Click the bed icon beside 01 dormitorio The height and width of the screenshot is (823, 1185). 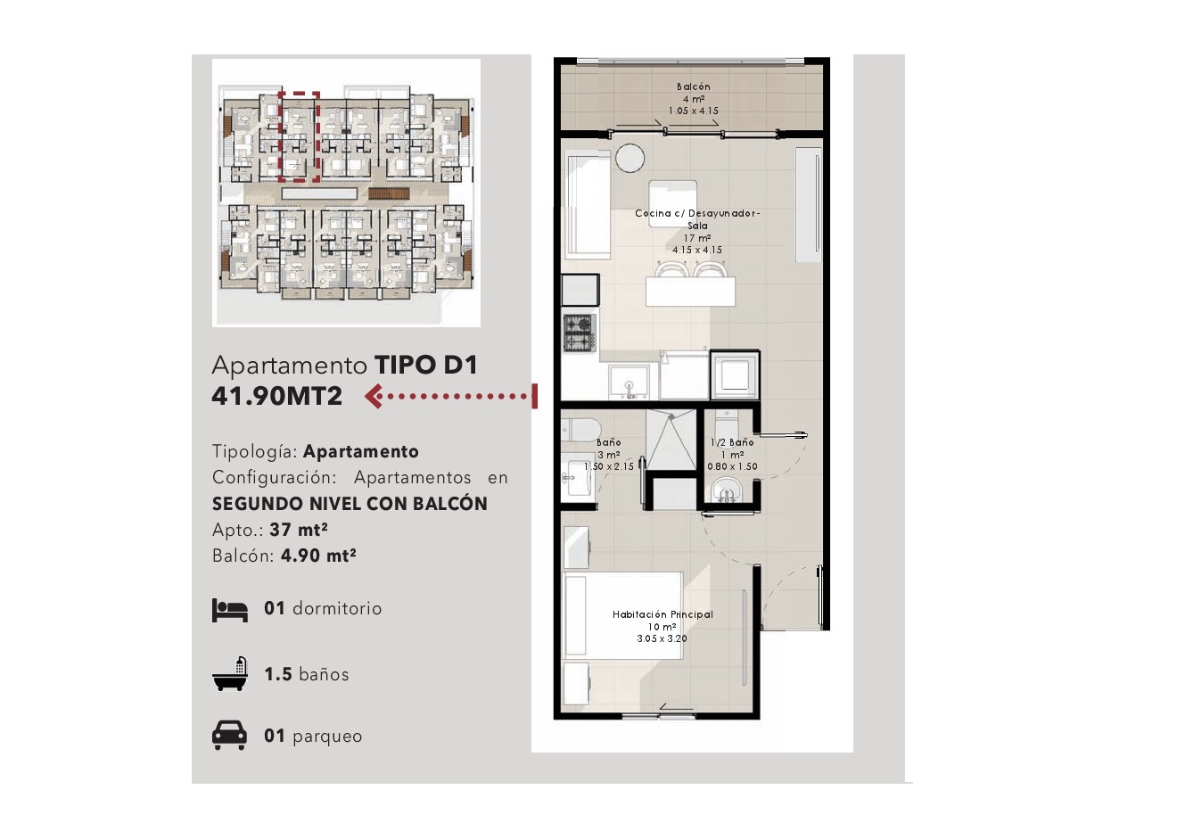pyautogui.click(x=229, y=611)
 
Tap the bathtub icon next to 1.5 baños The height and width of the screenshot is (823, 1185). pyautogui.click(x=230, y=674)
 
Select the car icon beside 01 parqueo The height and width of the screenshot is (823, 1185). pyautogui.click(x=229, y=736)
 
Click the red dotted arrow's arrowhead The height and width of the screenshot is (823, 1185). pyautogui.click(x=374, y=396)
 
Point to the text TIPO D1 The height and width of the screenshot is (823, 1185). pyautogui.click(x=426, y=365)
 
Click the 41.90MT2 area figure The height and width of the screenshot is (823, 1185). pyautogui.click(x=277, y=396)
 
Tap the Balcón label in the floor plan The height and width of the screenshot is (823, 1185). pyautogui.click(x=693, y=86)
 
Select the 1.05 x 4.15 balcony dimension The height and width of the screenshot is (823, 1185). pyautogui.click(x=693, y=111)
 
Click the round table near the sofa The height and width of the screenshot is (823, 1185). pyautogui.click(x=630, y=158)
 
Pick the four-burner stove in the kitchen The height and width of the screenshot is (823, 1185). pyautogui.click(x=580, y=333)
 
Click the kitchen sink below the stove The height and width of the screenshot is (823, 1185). pyautogui.click(x=629, y=382)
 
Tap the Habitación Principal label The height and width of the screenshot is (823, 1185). pyautogui.click(x=662, y=614)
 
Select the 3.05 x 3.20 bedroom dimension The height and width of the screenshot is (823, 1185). pyautogui.click(x=662, y=638)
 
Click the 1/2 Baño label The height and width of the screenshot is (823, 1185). pyautogui.click(x=732, y=442)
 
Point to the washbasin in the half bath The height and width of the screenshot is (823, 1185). pyautogui.click(x=728, y=490)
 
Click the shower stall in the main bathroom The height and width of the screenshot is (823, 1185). pyautogui.click(x=671, y=439)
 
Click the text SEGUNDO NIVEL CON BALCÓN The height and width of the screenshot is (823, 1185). pyautogui.click(x=350, y=504)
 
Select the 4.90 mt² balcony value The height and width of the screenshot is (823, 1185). pyautogui.click(x=318, y=555)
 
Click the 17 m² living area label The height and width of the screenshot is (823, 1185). pyautogui.click(x=697, y=238)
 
